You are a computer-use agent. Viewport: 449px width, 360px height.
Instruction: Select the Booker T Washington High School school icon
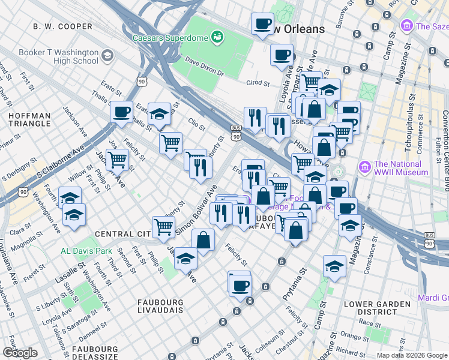tap(107, 56)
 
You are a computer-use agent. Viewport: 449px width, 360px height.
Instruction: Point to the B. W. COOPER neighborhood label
tap(63, 26)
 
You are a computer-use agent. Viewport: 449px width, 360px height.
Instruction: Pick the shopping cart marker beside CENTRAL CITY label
tap(164, 227)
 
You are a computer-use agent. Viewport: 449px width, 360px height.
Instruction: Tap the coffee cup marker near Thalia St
tap(121, 112)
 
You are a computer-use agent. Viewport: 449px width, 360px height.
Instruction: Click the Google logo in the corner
tap(20, 352)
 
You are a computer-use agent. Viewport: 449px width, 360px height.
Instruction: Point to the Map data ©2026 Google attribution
tap(412, 355)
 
